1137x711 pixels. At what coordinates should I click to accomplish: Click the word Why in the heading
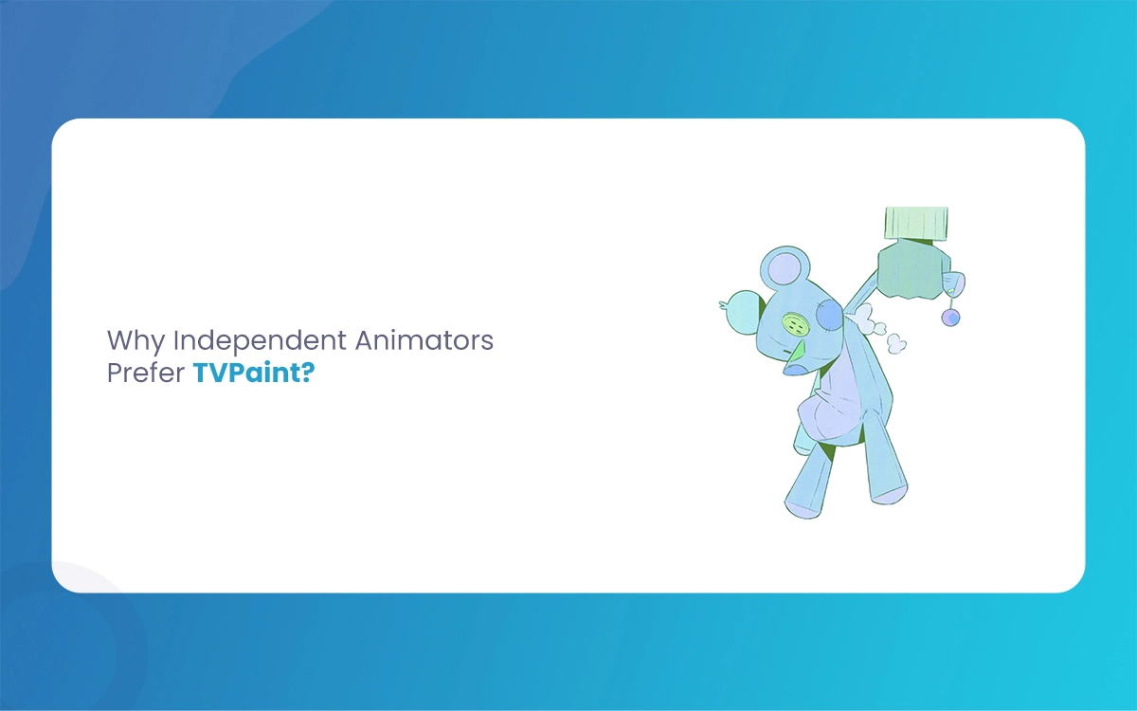click(x=135, y=341)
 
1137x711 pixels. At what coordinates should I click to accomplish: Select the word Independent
click(x=261, y=341)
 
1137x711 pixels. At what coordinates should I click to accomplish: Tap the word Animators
click(x=424, y=339)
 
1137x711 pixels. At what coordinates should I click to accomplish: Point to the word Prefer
click(x=146, y=373)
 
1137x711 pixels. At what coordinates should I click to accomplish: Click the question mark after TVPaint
click(x=309, y=373)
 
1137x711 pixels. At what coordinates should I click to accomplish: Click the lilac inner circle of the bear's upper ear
click(x=785, y=268)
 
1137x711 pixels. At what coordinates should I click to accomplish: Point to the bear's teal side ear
click(x=744, y=310)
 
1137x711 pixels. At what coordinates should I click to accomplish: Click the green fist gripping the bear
click(x=914, y=269)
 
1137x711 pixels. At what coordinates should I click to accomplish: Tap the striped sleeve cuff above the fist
click(x=917, y=223)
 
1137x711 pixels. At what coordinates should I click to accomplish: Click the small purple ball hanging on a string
click(x=950, y=318)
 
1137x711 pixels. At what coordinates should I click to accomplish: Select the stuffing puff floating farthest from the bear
click(x=896, y=344)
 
